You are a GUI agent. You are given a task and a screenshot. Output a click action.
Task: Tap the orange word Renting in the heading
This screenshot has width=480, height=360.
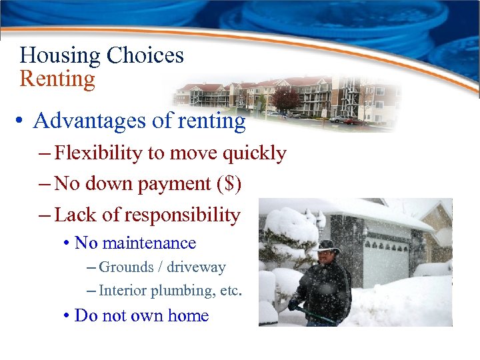57,79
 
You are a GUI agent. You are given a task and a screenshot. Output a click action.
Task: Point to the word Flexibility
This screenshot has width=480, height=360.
98,153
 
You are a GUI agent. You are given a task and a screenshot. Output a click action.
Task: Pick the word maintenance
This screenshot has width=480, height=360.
155,243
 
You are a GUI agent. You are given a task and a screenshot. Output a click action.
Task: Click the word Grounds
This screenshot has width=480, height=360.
125,267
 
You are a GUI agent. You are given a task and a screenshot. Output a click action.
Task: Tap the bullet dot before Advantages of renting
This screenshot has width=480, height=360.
22,121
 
